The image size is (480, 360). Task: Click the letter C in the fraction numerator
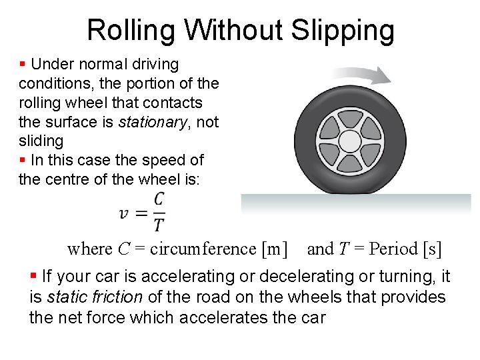click(x=159, y=199)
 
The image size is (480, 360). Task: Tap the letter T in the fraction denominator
click(x=159, y=225)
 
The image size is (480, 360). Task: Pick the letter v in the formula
click(x=124, y=213)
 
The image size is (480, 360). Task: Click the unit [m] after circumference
click(x=275, y=249)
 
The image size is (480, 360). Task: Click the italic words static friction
click(x=94, y=297)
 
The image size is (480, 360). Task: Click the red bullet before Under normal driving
click(x=23, y=65)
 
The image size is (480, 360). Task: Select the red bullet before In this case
click(x=23, y=160)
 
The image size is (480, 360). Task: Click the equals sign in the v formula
click(x=141, y=213)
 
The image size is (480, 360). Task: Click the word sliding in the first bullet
click(x=41, y=141)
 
